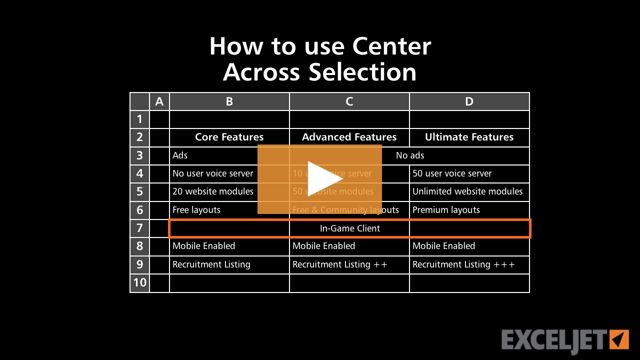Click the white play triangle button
[x=322, y=179]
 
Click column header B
[x=229, y=101]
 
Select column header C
[x=349, y=101]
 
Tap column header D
[x=469, y=101]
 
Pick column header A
[x=159, y=101]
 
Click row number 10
[x=139, y=282]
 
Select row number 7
[x=139, y=228]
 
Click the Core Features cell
[x=229, y=137]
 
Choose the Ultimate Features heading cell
[x=469, y=137]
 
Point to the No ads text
[x=410, y=155]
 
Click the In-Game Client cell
[x=350, y=228]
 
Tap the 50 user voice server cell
[x=452, y=173]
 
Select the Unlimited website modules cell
[x=467, y=191]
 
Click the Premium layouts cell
[x=446, y=210]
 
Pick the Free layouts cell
[x=196, y=210]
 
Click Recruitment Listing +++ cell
[x=463, y=264]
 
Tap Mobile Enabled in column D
[x=443, y=246]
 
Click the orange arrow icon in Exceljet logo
[x=619, y=339]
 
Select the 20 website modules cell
[x=213, y=191]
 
